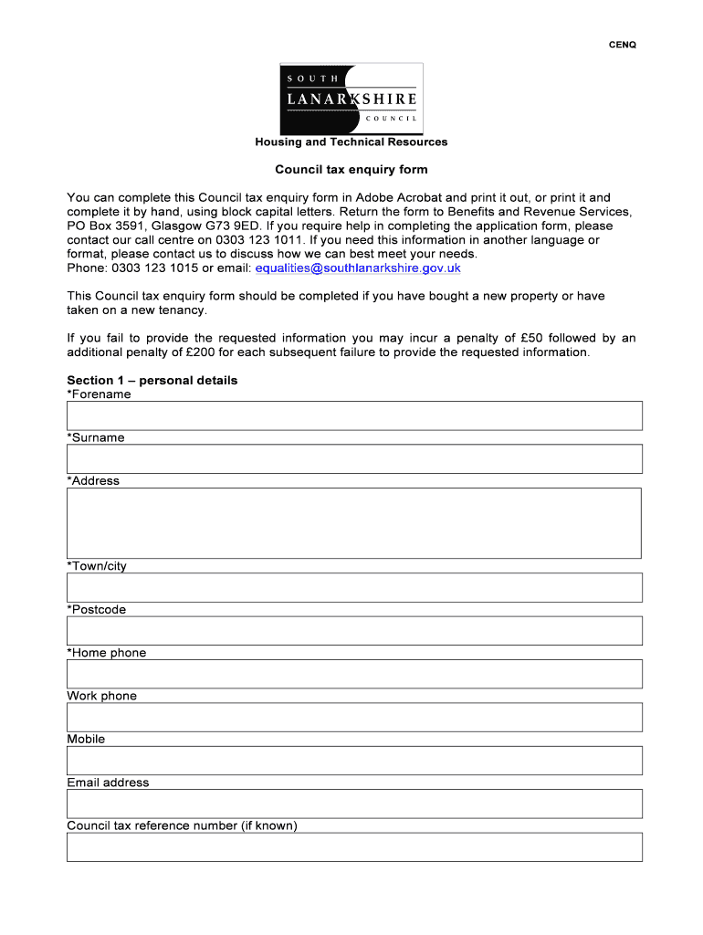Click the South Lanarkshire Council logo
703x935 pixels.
[x=351, y=98]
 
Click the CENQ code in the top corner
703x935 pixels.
[x=623, y=45]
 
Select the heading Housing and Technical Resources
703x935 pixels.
[x=351, y=142]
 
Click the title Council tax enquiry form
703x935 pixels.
[x=351, y=170]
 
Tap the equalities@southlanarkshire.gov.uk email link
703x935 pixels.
[x=358, y=268]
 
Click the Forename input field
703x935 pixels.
[x=354, y=415]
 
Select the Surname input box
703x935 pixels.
[x=354, y=458]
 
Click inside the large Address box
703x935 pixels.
[x=354, y=522]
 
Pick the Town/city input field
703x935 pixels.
[x=354, y=587]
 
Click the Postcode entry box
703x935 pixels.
[x=354, y=630]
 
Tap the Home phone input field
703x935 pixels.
[x=354, y=674]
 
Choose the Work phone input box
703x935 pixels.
[x=354, y=717]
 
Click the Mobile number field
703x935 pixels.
[x=354, y=760]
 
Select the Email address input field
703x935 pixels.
[x=354, y=804]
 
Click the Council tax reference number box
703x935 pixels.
[x=354, y=846]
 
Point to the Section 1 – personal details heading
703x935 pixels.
[x=152, y=381]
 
